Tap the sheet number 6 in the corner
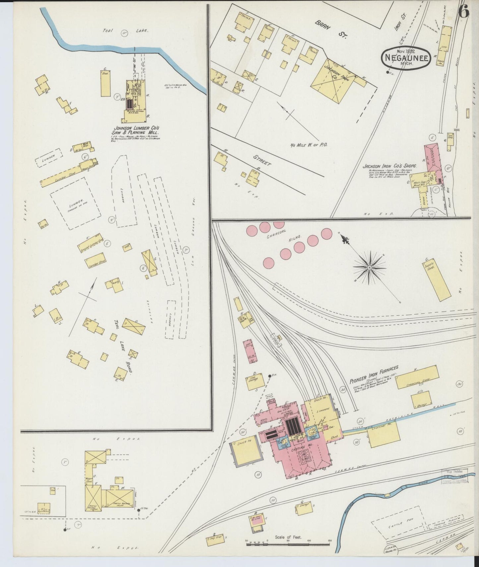coord(464,13)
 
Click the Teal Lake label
coord(125,31)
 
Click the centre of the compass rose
coord(369,267)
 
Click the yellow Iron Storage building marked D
coord(255,381)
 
